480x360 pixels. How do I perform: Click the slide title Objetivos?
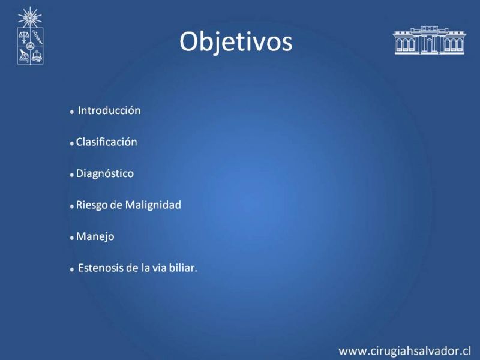point(236,42)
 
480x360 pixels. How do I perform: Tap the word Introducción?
point(109,110)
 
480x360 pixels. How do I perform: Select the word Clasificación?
point(107,142)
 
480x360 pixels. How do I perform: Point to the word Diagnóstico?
point(104,173)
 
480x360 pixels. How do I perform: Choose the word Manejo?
point(95,236)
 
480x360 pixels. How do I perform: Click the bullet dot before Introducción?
point(72,112)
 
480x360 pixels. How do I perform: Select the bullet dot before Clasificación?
point(72,143)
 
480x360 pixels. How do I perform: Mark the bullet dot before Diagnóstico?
point(72,175)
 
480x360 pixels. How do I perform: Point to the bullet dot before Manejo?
point(72,238)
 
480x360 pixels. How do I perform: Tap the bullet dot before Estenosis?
point(72,269)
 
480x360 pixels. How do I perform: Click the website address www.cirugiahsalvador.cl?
point(404,351)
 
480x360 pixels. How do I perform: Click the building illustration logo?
point(429,40)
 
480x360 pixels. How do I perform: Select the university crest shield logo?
point(30,46)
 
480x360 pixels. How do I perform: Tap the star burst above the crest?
point(29,17)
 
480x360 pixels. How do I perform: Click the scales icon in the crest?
point(23,37)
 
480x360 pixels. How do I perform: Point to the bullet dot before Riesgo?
point(72,206)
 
